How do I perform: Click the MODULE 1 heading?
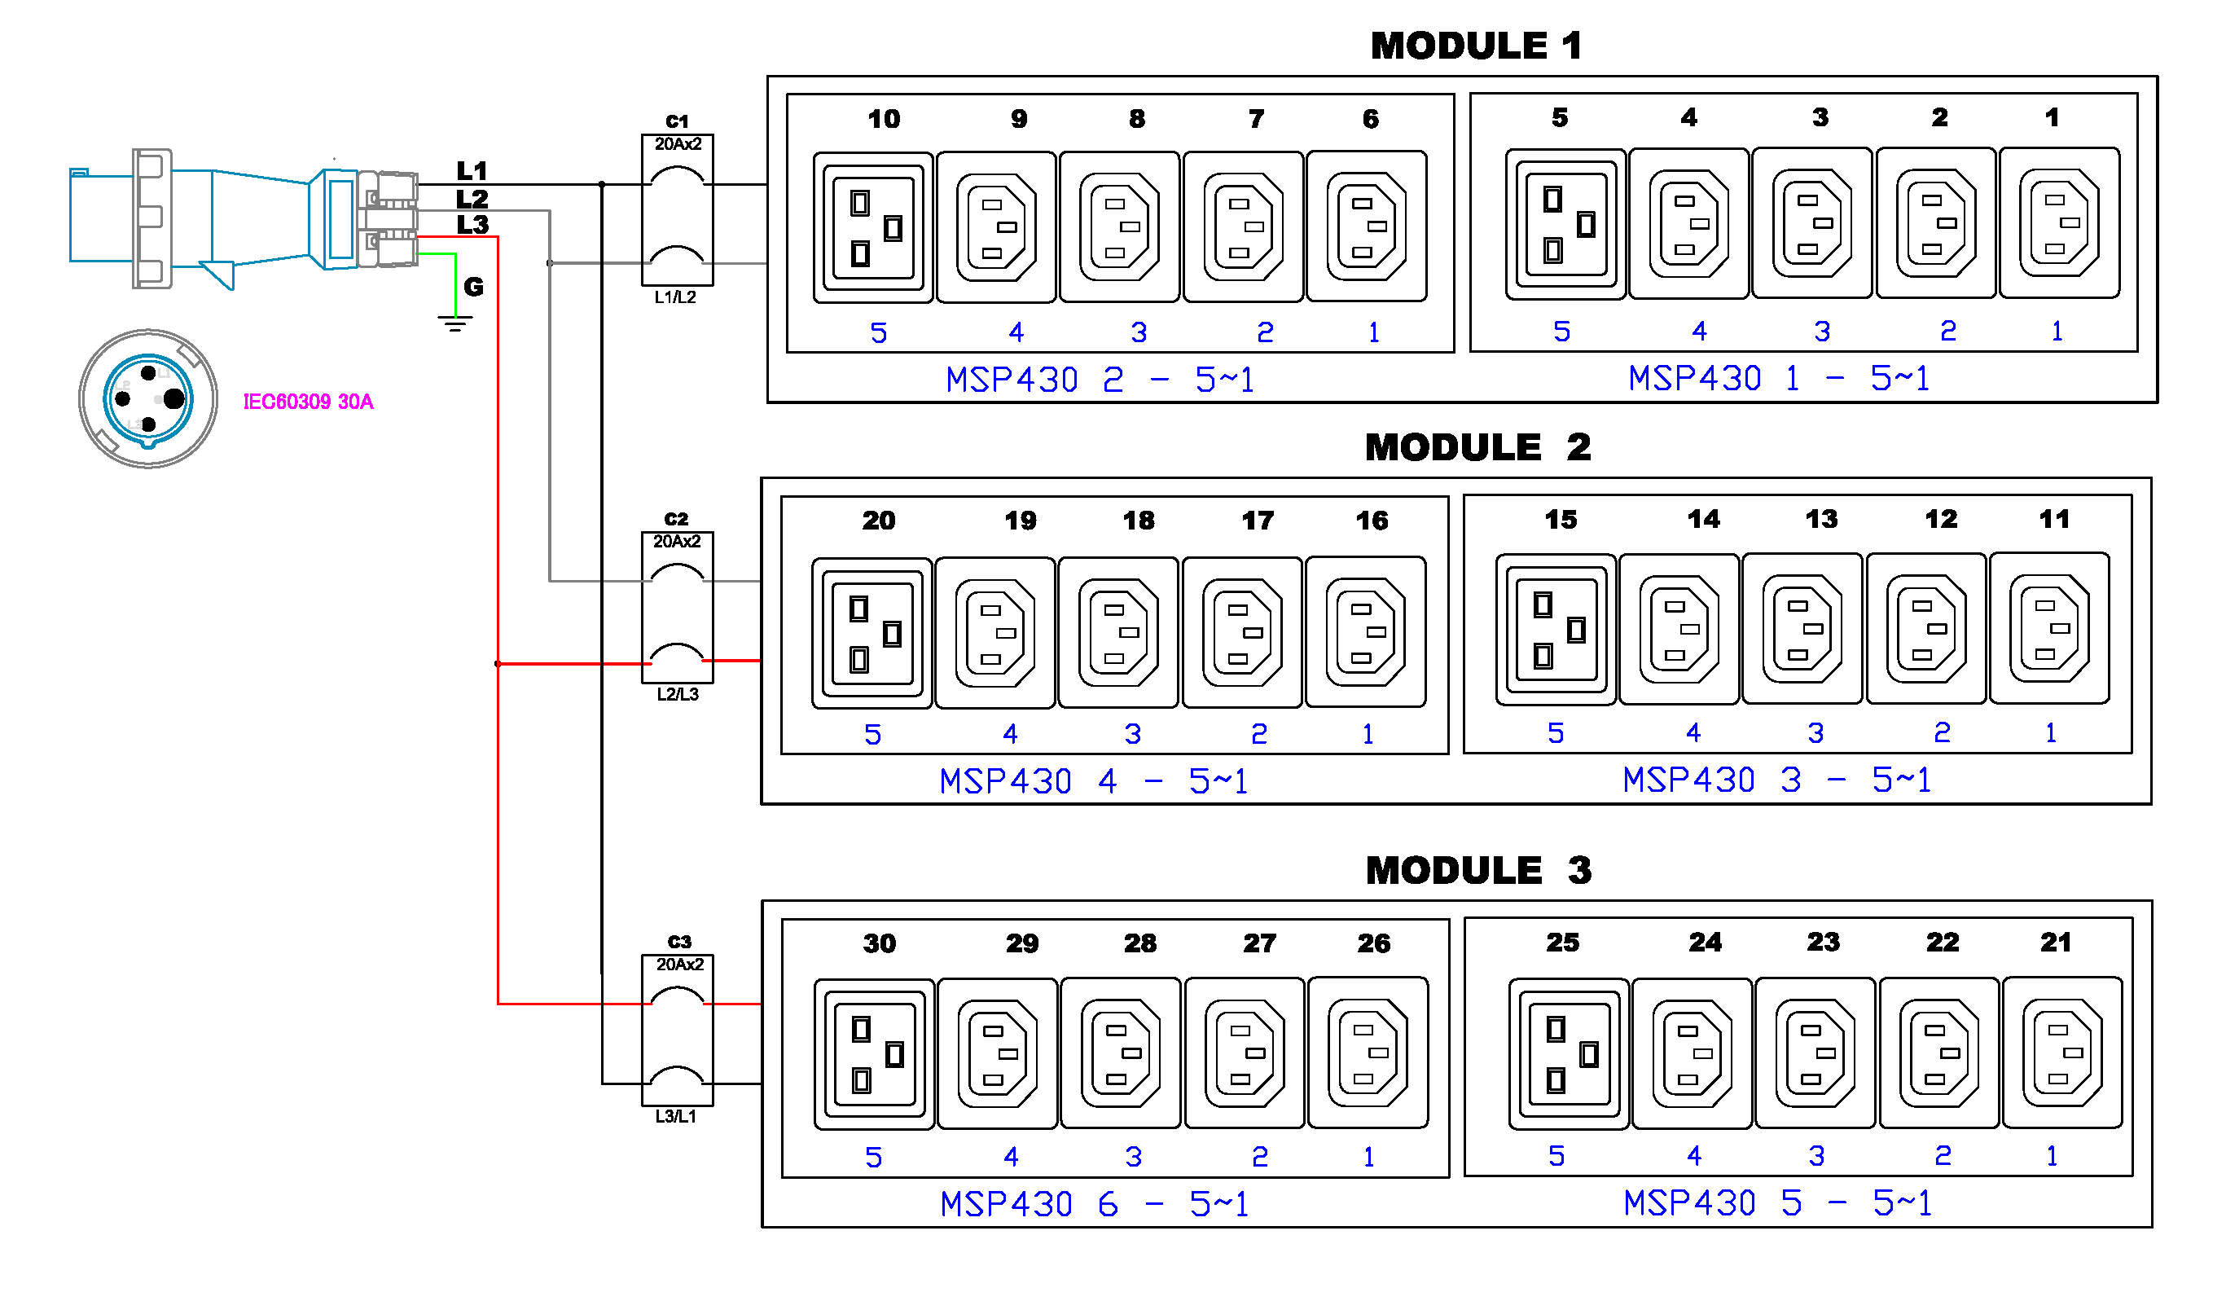click(x=1475, y=46)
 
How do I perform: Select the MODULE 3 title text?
click(x=1477, y=871)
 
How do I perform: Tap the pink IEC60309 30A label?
click(x=308, y=402)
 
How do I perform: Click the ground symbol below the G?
click(x=455, y=323)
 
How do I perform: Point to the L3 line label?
click(x=472, y=224)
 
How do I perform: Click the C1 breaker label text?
click(x=677, y=121)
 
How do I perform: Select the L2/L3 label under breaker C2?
click(x=678, y=694)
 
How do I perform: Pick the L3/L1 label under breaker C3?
click(x=676, y=1116)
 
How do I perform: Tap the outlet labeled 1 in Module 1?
click(x=2059, y=223)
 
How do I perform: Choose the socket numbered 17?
click(x=1242, y=632)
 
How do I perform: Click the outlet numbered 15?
click(x=1556, y=630)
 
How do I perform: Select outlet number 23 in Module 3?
click(x=1815, y=1053)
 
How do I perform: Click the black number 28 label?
click(x=1139, y=943)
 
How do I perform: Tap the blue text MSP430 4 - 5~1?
click(x=1094, y=782)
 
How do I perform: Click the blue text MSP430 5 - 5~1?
click(x=1777, y=1203)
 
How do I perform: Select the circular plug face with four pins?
click(x=148, y=399)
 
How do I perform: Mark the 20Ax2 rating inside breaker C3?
click(x=679, y=965)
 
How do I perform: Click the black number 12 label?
click(x=1941, y=519)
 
